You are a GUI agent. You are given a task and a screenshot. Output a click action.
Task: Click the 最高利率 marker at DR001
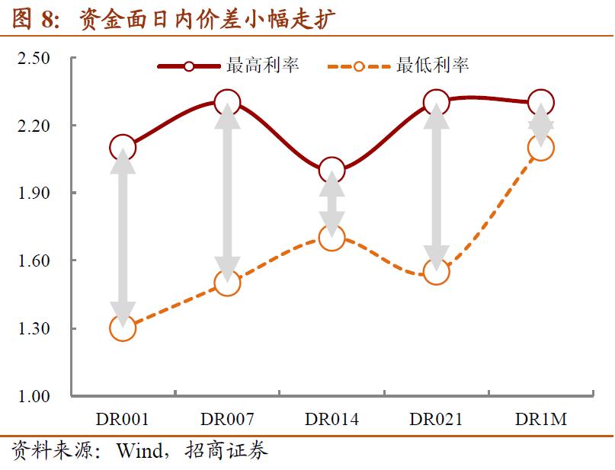coord(123,147)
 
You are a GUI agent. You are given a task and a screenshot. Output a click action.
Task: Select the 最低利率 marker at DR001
coord(123,328)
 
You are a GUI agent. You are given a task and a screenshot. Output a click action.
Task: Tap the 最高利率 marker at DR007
coord(227,102)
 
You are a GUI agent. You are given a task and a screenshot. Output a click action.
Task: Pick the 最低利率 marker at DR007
coord(227,283)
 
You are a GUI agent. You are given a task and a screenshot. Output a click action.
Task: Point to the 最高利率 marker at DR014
coord(332,170)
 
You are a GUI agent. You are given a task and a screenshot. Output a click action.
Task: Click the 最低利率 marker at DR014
coord(332,238)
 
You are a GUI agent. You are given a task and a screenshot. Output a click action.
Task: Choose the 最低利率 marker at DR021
coord(436,272)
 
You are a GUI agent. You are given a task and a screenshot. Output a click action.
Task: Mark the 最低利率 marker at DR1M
coord(540,148)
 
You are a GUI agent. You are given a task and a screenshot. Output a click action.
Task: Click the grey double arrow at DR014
coord(332,203)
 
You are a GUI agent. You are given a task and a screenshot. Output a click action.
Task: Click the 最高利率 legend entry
coord(229,66)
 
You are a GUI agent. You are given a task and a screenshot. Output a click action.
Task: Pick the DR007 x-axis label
coord(227,420)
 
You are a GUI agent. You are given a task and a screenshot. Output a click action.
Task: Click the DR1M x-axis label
coord(540,420)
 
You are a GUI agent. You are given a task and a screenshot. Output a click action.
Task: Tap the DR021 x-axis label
coord(436,420)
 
